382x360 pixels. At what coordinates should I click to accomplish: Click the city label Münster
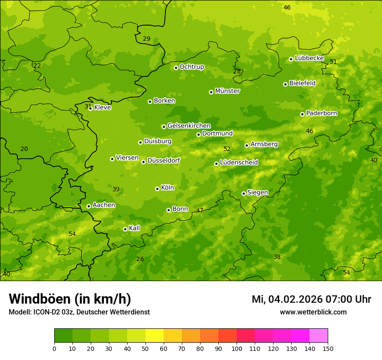227,91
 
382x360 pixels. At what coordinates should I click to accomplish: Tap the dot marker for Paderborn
303,114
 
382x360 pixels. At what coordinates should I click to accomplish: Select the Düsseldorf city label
163,160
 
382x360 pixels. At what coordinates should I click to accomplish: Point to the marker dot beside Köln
157,189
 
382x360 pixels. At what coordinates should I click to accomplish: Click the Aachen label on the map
104,205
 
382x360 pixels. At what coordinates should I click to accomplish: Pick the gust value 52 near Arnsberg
227,149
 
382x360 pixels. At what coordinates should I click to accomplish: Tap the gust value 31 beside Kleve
88,106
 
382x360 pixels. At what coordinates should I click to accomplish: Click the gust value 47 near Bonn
200,210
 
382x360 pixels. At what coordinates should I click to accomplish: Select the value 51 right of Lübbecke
333,62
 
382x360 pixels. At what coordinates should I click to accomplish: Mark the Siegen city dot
244,193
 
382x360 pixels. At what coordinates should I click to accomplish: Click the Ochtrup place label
191,67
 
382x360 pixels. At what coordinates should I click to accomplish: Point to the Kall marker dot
125,229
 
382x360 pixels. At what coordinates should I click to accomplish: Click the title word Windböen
40,299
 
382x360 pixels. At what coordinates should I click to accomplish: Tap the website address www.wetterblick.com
313,312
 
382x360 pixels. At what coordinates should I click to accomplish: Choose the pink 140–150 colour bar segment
319,336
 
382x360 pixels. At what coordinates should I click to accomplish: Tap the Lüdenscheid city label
239,163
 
